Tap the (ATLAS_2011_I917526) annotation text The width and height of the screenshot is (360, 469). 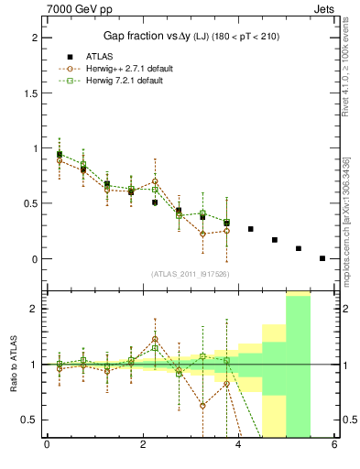(190, 274)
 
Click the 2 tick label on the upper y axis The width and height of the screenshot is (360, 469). (34, 38)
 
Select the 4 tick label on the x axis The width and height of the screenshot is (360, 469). (239, 446)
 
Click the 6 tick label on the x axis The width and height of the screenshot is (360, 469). (334, 446)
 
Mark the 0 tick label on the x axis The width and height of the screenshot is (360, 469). (47, 446)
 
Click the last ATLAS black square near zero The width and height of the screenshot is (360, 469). (322, 258)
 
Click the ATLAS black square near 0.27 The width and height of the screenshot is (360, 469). (250, 229)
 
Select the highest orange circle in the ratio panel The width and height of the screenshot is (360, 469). (155, 340)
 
